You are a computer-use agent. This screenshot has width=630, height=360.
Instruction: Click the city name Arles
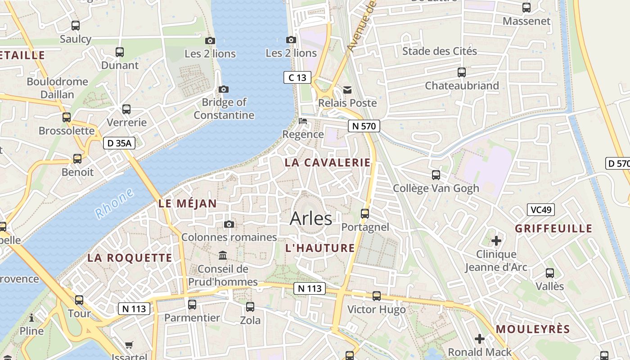tap(311, 218)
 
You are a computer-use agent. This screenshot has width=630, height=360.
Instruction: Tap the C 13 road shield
tap(297, 77)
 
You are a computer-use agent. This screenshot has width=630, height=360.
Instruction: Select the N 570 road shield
tap(364, 126)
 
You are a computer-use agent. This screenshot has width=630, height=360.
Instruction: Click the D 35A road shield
tap(119, 143)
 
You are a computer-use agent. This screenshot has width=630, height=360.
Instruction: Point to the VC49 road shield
tap(540, 209)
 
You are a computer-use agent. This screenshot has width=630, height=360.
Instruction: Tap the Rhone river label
tap(115, 203)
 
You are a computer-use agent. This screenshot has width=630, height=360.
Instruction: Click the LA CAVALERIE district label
tap(328, 163)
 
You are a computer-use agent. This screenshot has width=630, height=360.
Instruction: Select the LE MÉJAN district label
tap(188, 204)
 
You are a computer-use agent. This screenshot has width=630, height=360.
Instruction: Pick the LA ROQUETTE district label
tap(130, 258)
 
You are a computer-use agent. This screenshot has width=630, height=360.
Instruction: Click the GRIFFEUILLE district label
tap(553, 229)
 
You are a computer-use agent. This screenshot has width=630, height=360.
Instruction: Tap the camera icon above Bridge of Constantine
tap(223, 89)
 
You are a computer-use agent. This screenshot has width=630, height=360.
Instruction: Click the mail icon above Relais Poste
tap(347, 90)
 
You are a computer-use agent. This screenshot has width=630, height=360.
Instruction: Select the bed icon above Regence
tap(303, 121)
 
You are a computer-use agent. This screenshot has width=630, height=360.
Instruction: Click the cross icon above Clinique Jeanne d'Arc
tap(496, 241)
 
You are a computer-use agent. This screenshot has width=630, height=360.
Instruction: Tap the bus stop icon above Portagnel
tap(365, 213)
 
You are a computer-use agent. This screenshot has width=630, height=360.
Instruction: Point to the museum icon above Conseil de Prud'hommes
tap(223, 256)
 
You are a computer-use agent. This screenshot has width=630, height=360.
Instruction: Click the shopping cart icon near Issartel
tap(129, 345)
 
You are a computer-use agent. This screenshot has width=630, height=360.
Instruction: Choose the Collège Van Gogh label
tap(436, 188)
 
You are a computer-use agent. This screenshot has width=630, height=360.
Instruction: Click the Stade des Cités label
tap(439, 51)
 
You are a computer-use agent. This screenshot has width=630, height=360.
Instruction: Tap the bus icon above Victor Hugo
tap(377, 296)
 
